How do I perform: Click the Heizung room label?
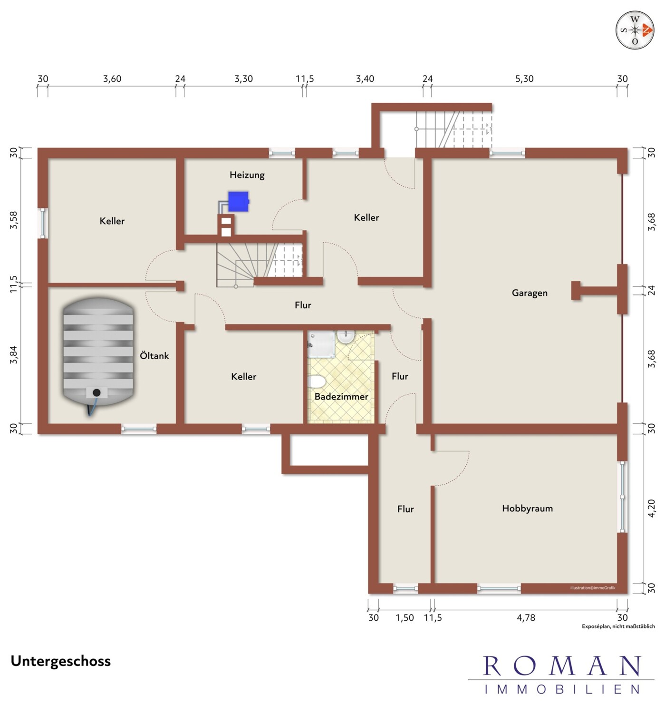[247, 175]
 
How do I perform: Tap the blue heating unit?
[239, 201]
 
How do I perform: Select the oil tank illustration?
[98, 356]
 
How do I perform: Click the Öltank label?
[154, 355]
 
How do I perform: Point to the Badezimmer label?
[341, 397]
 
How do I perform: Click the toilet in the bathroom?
[317, 382]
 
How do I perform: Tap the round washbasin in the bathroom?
[345, 336]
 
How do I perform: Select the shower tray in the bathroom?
[321, 343]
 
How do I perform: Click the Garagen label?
[530, 293]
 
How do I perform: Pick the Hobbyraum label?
[527, 509]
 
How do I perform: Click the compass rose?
[635, 30]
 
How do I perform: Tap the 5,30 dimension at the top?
[524, 78]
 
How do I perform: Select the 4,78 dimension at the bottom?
[526, 618]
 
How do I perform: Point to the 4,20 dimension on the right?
[651, 509]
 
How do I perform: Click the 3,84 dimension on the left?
[13, 355]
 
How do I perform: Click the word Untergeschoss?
[61, 661]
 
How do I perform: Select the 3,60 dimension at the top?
[112, 78]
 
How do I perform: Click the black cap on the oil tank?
[96, 392]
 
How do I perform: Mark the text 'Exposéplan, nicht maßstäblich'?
[618, 626]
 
